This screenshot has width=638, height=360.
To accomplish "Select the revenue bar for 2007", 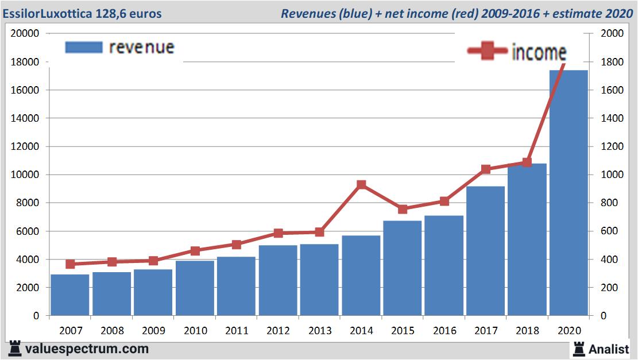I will (70, 295).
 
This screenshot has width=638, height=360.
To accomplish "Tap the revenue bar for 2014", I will (361, 276).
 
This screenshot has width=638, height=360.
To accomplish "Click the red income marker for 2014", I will (361, 185).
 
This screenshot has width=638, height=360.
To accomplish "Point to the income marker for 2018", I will (527, 162).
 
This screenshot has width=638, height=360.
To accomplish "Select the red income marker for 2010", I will (195, 251).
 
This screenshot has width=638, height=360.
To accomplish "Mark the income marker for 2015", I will (403, 209).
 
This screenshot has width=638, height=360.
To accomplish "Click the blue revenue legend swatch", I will (84, 47).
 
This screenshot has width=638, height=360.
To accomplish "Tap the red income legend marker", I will (487, 52).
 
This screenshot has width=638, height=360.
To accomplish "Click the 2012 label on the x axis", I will (278, 331).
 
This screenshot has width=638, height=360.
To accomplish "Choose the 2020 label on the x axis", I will (569, 331).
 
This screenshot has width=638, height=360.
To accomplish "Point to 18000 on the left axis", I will (25, 61).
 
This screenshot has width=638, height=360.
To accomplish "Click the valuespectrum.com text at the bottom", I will (87, 349).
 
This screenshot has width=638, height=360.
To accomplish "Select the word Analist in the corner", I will (608, 349).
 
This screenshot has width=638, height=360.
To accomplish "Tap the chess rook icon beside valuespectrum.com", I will (15, 349).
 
